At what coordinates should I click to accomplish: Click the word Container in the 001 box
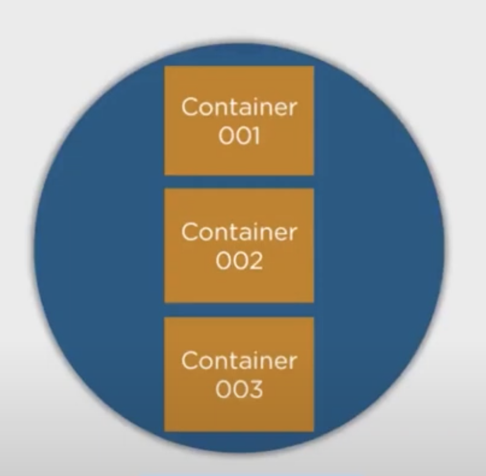point(239,107)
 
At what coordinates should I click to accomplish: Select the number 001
point(239,136)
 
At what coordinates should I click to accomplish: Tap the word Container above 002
point(239,232)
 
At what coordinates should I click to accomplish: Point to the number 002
point(239,261)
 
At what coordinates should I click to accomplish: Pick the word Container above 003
point(239,360)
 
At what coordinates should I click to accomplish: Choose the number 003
point(239,389)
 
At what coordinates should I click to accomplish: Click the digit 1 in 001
point(255,136)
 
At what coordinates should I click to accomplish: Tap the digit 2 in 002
point(255,261)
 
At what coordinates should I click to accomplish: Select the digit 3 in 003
point(255,389)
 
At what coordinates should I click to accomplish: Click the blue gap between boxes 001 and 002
point(239,182)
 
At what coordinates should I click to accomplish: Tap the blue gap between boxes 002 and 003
point(239,310)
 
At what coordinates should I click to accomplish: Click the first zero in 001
point(226,136)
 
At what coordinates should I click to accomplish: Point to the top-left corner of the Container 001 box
point(164,66)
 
